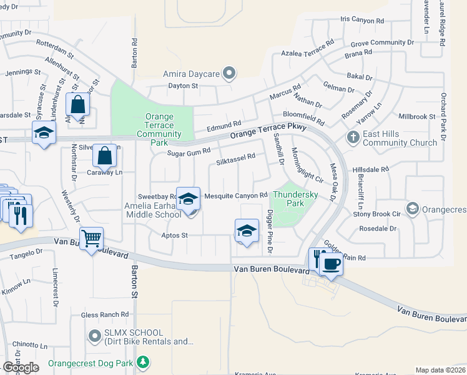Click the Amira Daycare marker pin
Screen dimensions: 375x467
[229, 74]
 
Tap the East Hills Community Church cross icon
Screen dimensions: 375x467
[353, 137]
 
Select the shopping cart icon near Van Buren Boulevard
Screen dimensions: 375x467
[91, 238]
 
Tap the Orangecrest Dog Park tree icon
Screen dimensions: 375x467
[144, 361]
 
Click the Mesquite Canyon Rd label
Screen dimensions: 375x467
[236, 196]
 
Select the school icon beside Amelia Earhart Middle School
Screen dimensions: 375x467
[188, 199]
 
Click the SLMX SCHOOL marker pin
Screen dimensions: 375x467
[95, 337]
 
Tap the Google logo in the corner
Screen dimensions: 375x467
[21, 367]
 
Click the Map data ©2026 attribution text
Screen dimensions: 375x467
[440, 370]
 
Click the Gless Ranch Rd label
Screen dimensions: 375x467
[109, 314]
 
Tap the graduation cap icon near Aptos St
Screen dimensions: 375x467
[247, 231]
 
